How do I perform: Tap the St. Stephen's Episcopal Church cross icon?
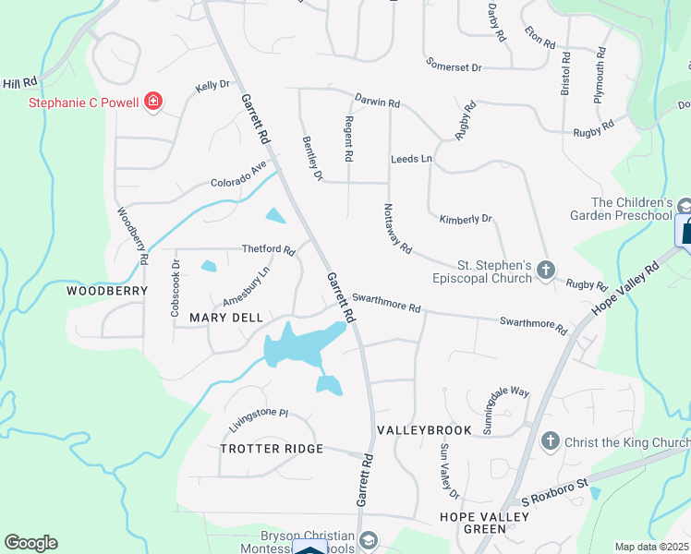[x=546, y=270]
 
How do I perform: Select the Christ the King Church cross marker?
[x=551, y=441]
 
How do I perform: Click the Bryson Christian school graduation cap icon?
[x=369, y=539]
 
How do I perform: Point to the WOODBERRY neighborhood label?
[x=107, y=290]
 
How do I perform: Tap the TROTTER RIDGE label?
[x=272, y=449]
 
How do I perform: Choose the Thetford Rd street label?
[x=268, y=249]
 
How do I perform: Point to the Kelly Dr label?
[x=212, y=87]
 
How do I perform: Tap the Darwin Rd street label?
[x=378, y=101]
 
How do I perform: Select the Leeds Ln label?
[x=411, y=160]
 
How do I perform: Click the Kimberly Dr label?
[x=466, y=219]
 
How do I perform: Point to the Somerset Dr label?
[x=455, y=66]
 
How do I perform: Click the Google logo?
[x=30, y=543]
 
